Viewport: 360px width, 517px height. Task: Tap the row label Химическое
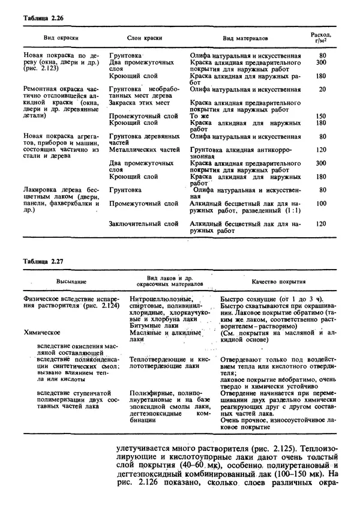pos(42,331)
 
